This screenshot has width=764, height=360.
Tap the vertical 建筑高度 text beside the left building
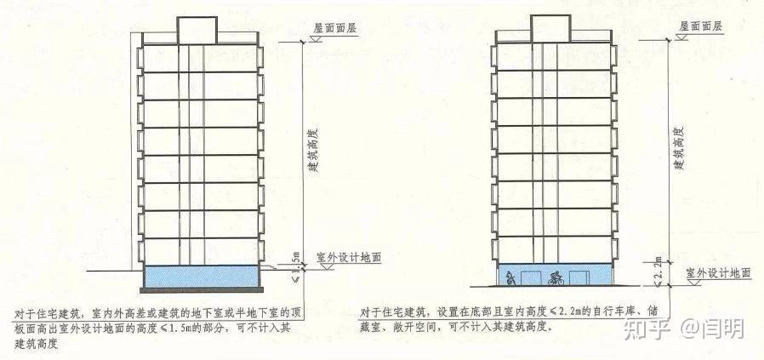coord(312,153)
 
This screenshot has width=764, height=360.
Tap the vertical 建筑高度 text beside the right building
coord(678,148)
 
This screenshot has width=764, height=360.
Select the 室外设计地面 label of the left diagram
coord(348,256)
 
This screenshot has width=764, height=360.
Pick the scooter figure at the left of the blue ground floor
coord(509,277)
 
